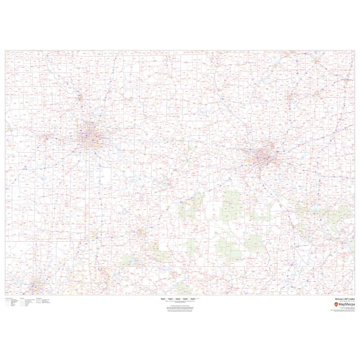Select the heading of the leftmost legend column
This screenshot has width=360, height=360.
pos(9,298)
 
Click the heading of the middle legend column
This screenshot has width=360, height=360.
pos(23,298)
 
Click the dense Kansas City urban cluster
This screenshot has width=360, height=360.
pos(91,135)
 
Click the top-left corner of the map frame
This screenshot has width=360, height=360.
pos(6,50)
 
